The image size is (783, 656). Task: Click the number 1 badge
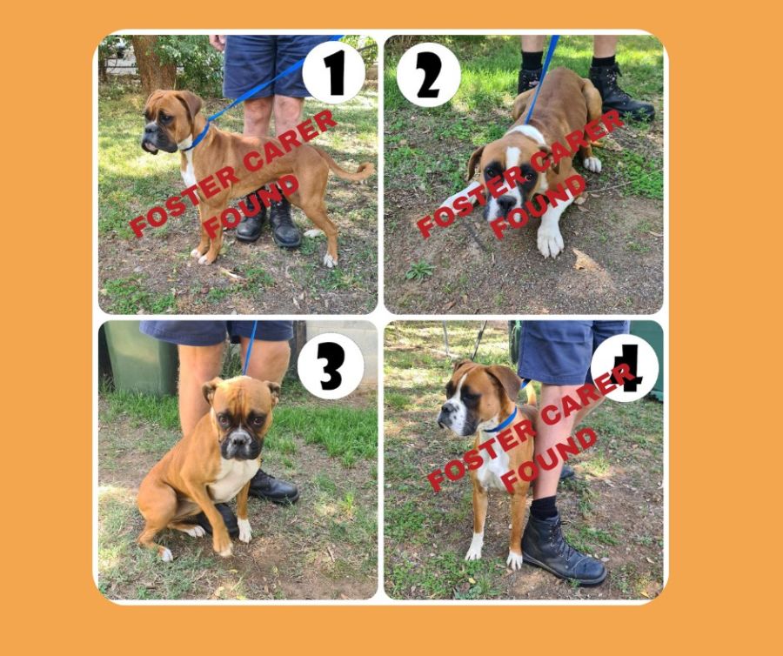click(333, 72)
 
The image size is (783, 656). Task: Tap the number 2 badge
click(428, 74)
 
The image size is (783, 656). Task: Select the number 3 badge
click(331, 365)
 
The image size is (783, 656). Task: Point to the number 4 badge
click(625, 368)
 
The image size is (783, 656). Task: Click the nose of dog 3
click(239, 438)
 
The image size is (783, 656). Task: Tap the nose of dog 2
click(505, 202)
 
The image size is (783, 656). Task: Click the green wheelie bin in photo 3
click(137, 358)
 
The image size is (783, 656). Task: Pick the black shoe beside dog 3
click(274, 487)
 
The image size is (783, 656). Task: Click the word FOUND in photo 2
click(538, 206)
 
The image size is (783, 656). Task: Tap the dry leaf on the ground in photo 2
click(586, 260)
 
